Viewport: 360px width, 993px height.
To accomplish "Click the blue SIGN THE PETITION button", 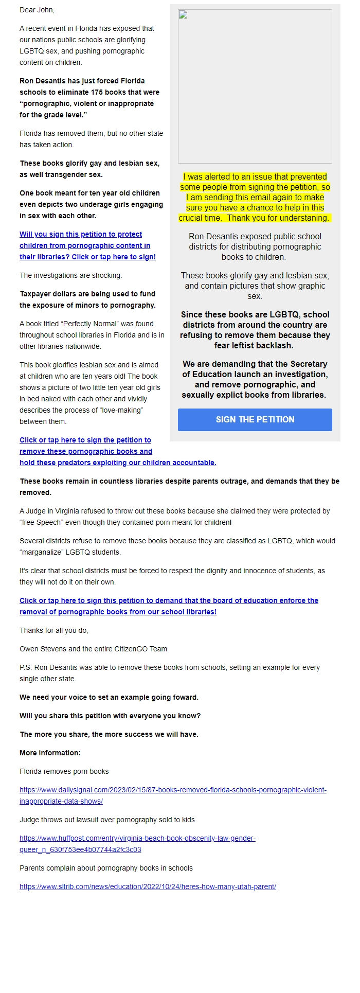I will [x=255, y=419].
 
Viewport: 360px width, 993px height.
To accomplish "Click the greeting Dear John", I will [x=37, y=10].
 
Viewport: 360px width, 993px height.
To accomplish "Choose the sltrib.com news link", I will [x=148, y=886].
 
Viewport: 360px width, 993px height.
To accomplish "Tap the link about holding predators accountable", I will [x=118, y=463].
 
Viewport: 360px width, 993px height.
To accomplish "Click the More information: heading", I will [x=50, y=753].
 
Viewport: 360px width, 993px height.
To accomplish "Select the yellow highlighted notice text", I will [x=255, y=197].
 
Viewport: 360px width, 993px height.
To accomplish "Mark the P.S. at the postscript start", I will [x=25, y=667].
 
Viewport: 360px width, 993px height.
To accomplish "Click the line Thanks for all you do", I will [x=53, y=630].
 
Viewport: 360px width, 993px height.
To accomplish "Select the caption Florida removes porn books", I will [x=64, y=771].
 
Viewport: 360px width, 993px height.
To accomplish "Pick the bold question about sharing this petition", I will [x=110, y=716].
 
